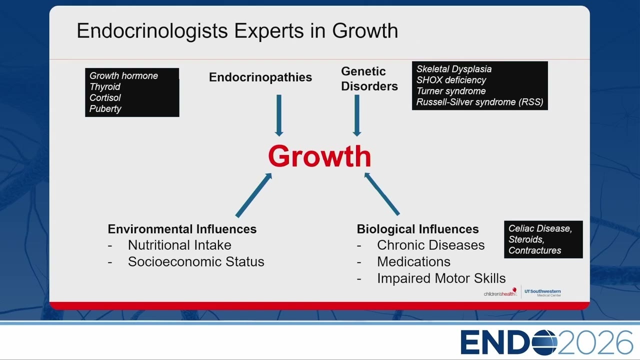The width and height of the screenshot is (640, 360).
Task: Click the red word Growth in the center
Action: [319, 156]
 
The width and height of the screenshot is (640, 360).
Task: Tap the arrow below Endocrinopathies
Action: [279, 115]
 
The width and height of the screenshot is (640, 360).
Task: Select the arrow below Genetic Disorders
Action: [357, 115]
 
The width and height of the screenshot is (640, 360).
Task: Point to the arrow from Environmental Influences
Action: [253, 195]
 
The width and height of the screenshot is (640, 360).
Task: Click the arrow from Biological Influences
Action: [382, 193]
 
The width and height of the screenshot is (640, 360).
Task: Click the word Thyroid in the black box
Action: [105, 86]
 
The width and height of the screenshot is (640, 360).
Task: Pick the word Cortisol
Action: [105, 97]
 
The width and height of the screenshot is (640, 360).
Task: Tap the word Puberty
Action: [105, 108]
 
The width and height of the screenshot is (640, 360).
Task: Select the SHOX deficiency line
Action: [451, 80]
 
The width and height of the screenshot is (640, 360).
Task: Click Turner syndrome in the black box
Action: [451, 91]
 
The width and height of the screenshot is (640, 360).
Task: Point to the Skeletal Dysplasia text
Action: [454, 69]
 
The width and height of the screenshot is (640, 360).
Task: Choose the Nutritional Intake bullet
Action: [179, 245]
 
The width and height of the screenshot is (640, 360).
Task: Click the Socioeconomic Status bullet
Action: [196, 261]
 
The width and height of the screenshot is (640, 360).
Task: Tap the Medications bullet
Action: [413, 261]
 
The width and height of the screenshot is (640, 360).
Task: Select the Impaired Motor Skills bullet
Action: [441, 278]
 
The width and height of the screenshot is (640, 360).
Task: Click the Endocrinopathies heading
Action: [260, 77]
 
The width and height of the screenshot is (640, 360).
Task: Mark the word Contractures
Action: [534, 250]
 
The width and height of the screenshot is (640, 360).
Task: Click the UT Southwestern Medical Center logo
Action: [542, 292]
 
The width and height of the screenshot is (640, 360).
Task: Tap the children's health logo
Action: [500, 292]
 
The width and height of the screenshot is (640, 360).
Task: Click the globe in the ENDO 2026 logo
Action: [544, 342]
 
